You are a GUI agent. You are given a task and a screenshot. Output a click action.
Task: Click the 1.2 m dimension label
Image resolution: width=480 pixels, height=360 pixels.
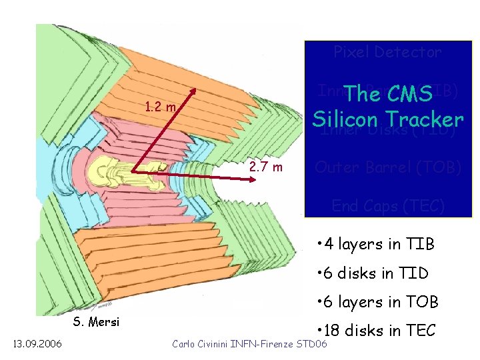click(x=161, y=107)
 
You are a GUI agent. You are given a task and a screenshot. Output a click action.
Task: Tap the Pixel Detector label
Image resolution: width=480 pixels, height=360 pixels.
click(x=387, y=52)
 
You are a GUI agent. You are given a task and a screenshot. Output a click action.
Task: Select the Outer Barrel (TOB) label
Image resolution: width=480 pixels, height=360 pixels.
click(x=387, y=167)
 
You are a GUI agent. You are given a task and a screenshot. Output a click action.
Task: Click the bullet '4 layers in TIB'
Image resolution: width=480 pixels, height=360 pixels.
click(x=377, y=245)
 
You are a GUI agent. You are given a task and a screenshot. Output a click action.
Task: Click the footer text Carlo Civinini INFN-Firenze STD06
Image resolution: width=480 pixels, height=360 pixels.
click(x=249, y=344)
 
